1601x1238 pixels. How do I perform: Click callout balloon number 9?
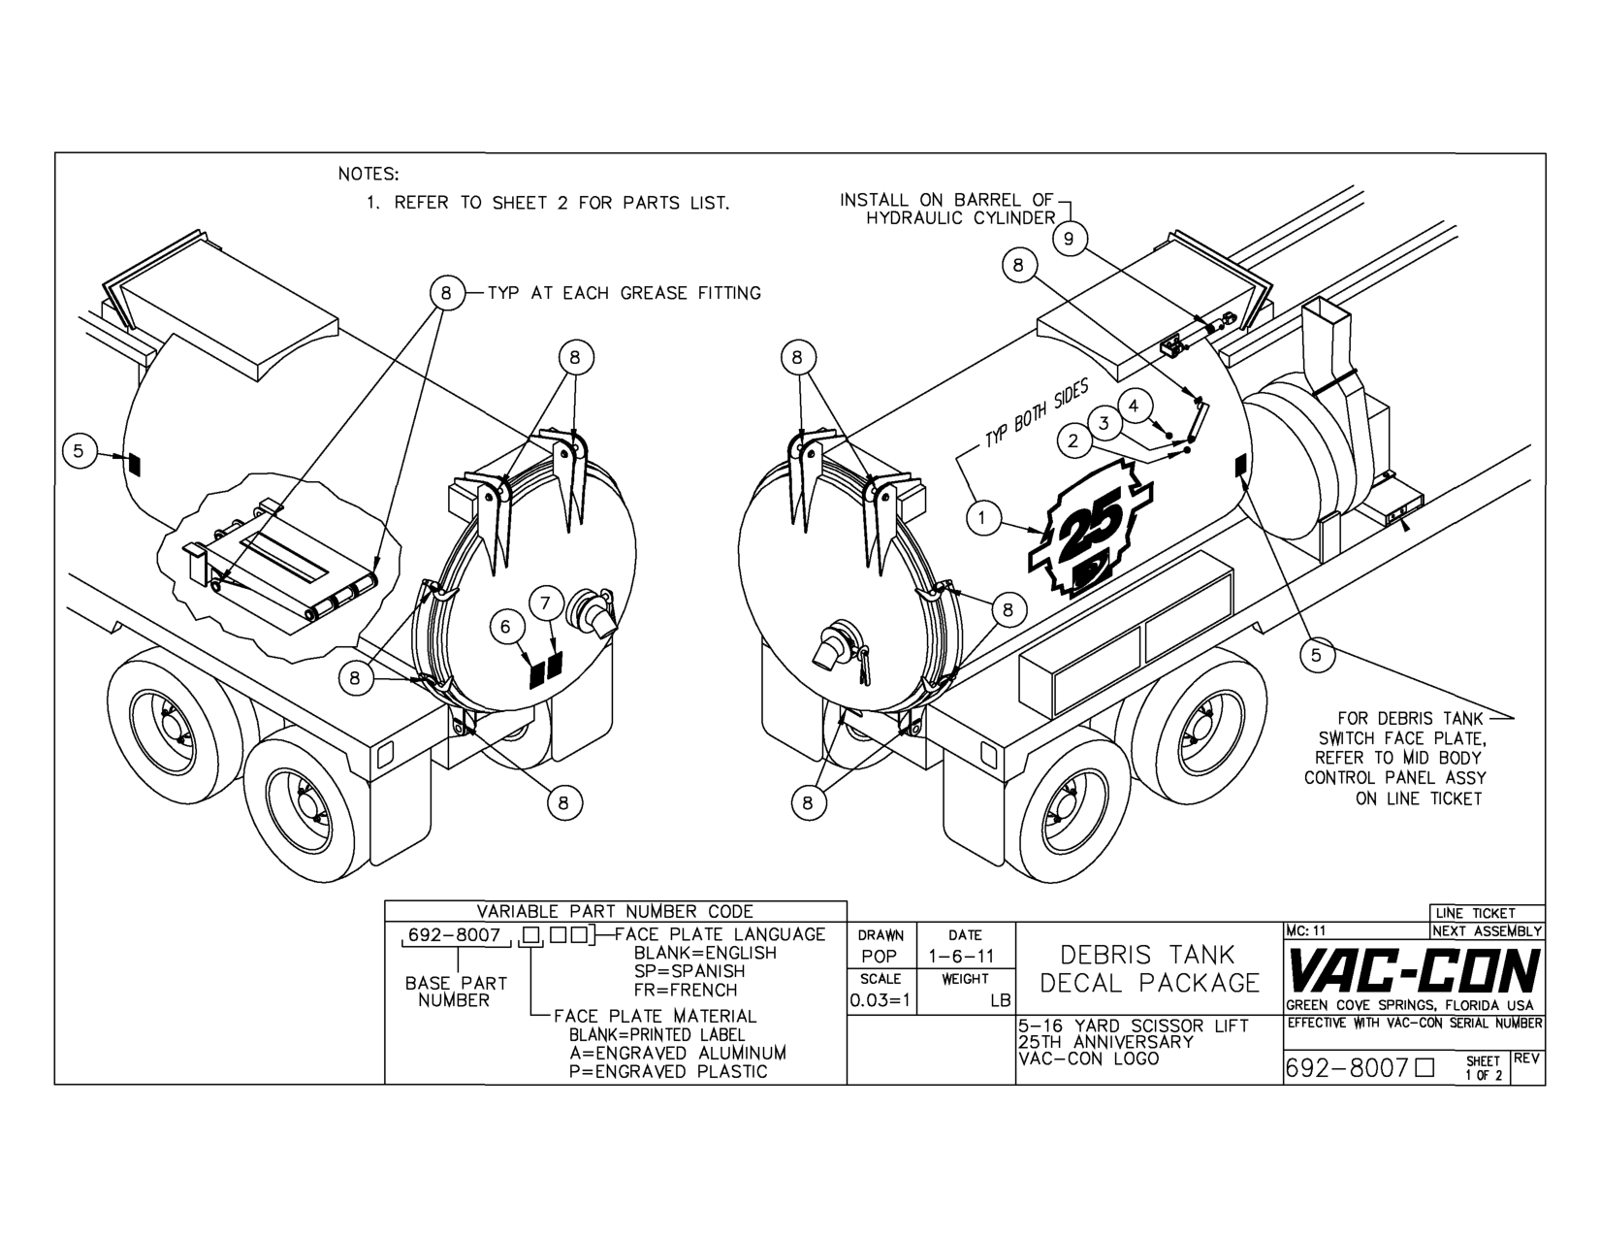pos(1069,239)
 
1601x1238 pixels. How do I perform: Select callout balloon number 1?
pos(982,518)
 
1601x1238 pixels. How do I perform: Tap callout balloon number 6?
pos(505,628)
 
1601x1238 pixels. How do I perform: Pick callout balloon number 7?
pos(545,603)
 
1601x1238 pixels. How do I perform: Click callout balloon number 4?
pos(1134,406)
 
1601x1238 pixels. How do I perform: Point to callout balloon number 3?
pos(1104,423)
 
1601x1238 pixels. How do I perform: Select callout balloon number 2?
pos(1073,440)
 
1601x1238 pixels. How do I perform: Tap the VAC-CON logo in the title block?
pos(1413,971)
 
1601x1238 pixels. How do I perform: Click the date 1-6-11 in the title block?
pos(964,957)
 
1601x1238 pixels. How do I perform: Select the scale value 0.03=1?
pos(881,1000)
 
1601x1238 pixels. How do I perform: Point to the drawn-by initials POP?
pos(880,957)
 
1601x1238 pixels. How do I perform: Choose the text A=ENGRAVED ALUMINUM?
pos(677,1053)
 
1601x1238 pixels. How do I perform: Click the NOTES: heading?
pos(368,175)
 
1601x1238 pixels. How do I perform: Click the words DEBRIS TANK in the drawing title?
pos(1147,955)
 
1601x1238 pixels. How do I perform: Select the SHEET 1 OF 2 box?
pos(1483,1067)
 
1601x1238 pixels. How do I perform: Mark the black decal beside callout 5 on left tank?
pos(134,465)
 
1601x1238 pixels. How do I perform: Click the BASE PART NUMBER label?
pos(456,992)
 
